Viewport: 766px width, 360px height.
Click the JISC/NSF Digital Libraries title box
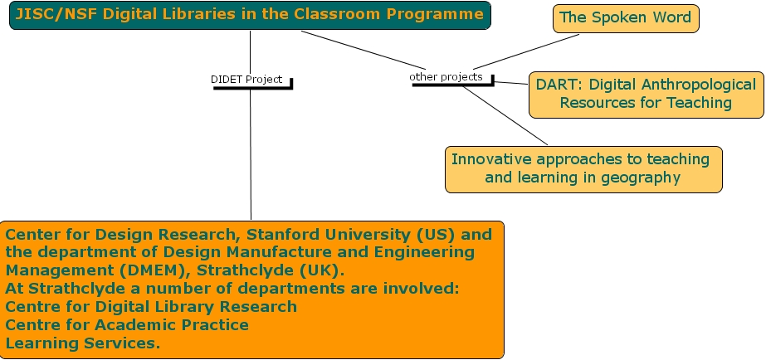(x=250, y=15)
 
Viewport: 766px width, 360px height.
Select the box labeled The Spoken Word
(x=626, y=18)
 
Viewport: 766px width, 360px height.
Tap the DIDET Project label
(x=246, y=80)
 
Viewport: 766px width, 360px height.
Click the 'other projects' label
(x=446, y=76)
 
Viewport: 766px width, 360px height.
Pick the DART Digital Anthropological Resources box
(x=646, y=94)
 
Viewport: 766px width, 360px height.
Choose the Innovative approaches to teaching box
(x=583, y=168)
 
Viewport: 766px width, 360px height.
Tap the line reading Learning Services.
(x=82, y=342)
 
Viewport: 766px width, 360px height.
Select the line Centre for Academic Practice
(x=126, y=324)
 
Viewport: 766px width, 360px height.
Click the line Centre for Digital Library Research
(x=150, y=306)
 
